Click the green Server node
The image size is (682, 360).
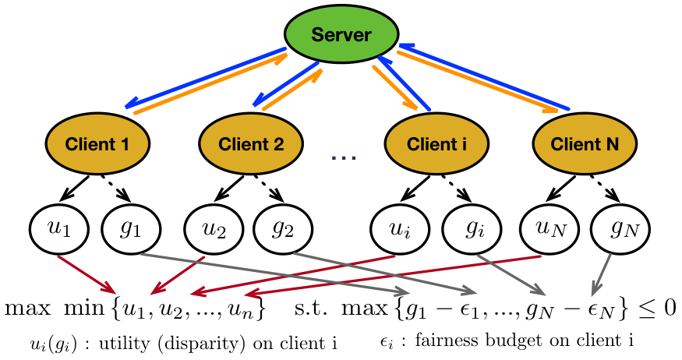click(341, 34)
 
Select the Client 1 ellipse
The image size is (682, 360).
click(98, 143)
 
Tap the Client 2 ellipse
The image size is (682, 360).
click(251, 143)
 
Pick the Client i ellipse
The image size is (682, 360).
click(436, 143)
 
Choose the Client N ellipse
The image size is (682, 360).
click(585, 143)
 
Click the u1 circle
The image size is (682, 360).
click(59, 228)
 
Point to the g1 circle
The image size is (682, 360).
click(132, 228)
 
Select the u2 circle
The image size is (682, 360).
click(214, 228)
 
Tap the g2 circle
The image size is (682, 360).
click(283, 228)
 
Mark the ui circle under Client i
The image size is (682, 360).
click(400, 228)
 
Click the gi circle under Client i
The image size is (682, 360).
click(472, 228)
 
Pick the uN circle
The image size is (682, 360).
click(549, 228)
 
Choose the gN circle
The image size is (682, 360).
click(620, 228)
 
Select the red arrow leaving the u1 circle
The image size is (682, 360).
click(87, 274)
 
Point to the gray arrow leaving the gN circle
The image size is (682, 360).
click(602, 274)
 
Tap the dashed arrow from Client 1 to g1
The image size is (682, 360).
click(115, 189)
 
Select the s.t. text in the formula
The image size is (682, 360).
click(310, 308)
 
